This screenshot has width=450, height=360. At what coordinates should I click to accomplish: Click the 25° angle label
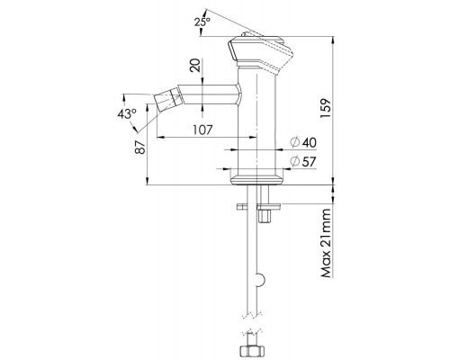point(202,22)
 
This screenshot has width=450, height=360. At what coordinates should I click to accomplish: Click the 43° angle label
point(127,114)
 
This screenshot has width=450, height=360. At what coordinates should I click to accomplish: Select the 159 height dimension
point(326,108)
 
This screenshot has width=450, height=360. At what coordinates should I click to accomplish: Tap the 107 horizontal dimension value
point(202,130)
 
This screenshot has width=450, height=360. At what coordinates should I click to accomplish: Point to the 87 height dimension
point(140,147)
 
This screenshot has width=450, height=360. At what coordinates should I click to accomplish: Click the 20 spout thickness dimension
point(195,65)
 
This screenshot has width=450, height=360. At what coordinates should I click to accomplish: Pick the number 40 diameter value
point(310,143)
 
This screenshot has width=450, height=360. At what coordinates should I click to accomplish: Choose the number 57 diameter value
point(310,162)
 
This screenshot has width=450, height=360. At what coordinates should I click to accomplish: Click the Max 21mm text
point(326,243)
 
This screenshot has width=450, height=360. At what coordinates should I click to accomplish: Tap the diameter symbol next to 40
point(295,142)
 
